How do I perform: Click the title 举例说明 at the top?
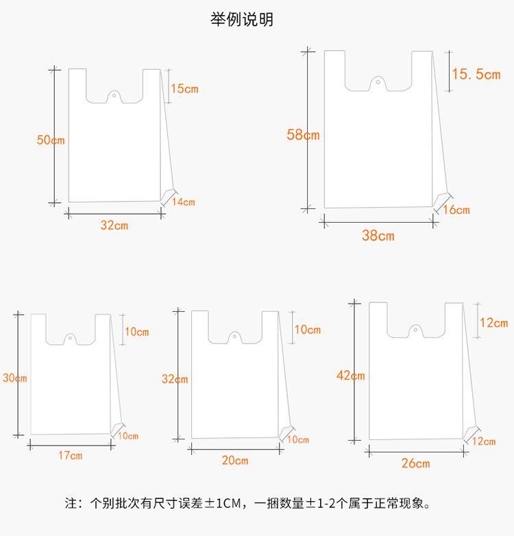click(x=241, y=20)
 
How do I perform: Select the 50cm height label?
click(x=51, y=141)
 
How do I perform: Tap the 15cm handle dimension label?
click(x=184, y=88)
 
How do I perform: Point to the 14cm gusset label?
click(x=184, y=202)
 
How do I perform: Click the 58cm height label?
click(x=303, y=135)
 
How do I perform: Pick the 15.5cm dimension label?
click(x=476, y=74)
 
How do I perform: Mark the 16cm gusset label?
click(x=456, y=210)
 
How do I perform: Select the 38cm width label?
click(x=378, y=236)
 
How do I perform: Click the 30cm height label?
click(x=14, y=378)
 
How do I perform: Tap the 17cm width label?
click(x=71, y=455)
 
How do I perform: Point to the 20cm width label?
click(x=235, y=460)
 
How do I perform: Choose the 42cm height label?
click(x=351, y=375)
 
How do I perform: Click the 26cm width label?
click(x=416, y=463)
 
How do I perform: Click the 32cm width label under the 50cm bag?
click(x=114, y=225)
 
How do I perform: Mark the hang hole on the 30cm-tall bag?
click(x=70, y=337)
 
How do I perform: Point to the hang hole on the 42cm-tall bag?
click(x=414, y=330)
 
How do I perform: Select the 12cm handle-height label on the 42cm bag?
click(x=493, y=323)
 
